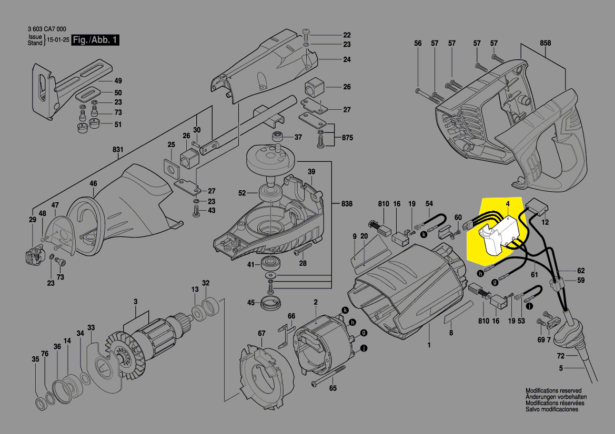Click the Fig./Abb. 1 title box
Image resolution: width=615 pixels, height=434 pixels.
click(95, 40)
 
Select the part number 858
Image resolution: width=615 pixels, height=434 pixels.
click(545, 43)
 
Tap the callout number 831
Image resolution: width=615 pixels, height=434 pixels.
click(118, 149)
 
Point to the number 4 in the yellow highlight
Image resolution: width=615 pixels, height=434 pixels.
click(508, 204)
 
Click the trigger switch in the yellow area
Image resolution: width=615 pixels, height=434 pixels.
click(499, 237)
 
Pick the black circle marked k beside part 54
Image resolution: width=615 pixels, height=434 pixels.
click(424, 235)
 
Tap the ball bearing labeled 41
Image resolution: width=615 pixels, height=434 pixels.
click(271, 263)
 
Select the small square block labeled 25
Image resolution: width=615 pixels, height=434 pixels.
click(171, 167)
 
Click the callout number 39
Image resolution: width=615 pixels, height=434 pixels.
click(311, 172)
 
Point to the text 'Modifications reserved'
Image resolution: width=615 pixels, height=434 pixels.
click(553, 390)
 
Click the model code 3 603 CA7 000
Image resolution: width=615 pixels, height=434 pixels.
click(47, 29)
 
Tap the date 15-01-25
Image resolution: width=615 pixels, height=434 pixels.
click(58, 40)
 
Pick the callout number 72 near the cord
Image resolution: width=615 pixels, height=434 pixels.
click(561, 356)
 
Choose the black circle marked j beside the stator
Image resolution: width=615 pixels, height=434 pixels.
click(364, 347)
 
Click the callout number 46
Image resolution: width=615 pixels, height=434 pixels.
click(93, 183)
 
